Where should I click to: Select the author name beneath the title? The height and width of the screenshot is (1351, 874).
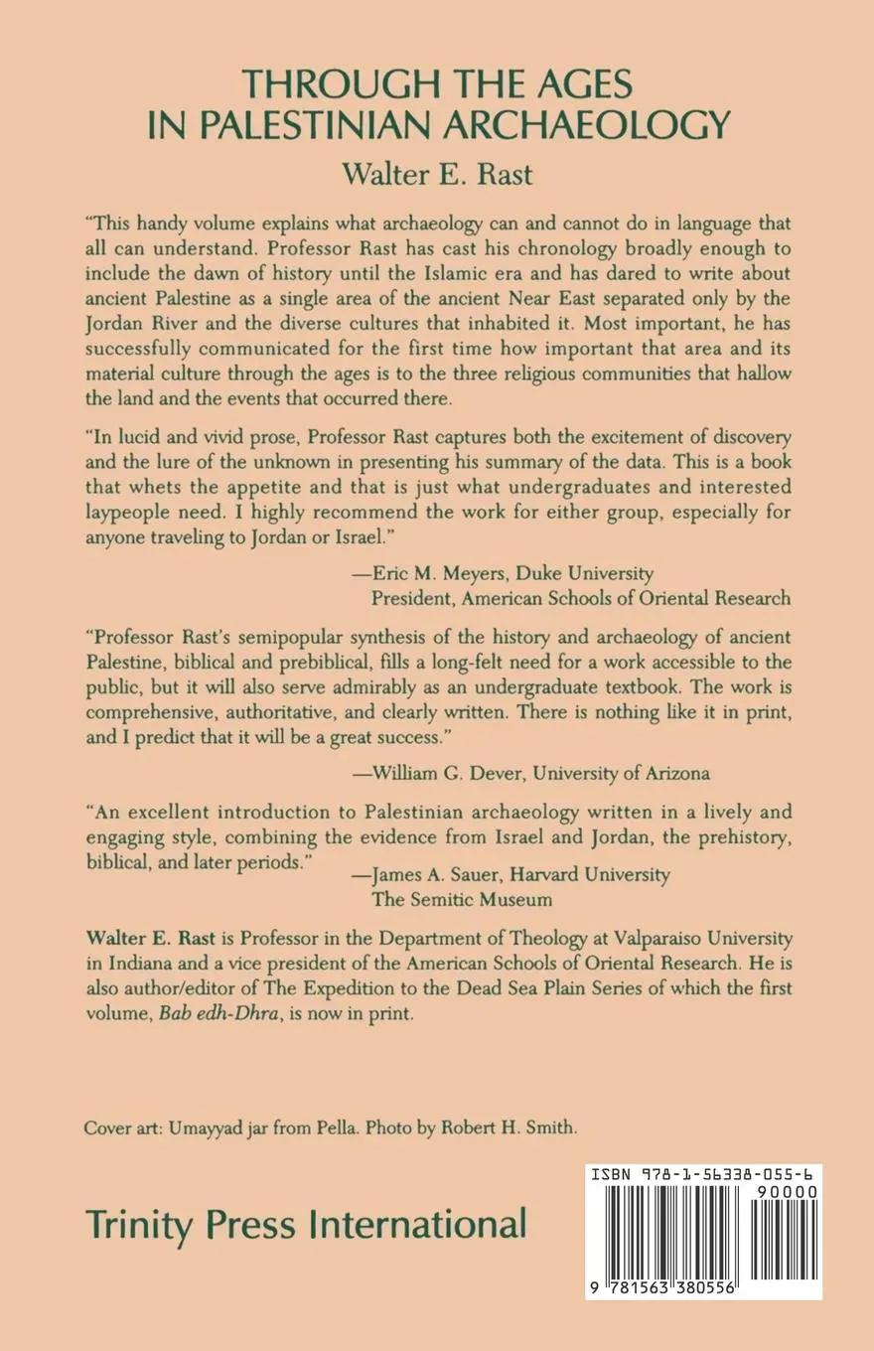point(437,173)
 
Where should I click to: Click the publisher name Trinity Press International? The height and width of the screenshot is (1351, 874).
point(305,1223)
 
